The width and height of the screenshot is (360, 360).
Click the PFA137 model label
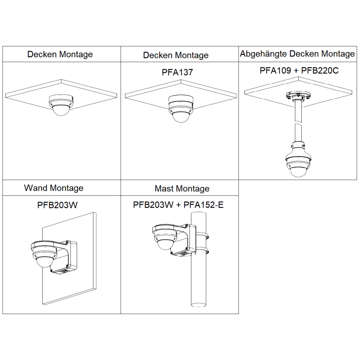pyautogui.click(x=177, y=72)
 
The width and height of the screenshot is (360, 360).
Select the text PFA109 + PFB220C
pyautogui.click(x=299, y=71)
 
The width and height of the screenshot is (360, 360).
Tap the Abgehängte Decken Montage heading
pyautogui.click(x=297, y=54)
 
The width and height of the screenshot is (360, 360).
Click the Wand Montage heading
pyautogui.click(x=54, y=188)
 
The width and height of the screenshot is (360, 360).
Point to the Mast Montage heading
pyautogui.click(x=182, y=189)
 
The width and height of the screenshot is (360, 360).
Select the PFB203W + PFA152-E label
pyautogui.click(x=178, y=205)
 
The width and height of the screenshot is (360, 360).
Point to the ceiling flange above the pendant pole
pyautogui.click(x=298, y=96)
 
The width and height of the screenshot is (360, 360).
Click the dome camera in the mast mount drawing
pyautogui.click(x=164, y=239)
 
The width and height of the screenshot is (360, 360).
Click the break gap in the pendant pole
pyautogui.click(x=298, y=122)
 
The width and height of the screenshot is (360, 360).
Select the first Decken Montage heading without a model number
pyautogui.click(x=60, y=54)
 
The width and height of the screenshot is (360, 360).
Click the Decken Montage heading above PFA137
pyautogui.click(x=176, y=55)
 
